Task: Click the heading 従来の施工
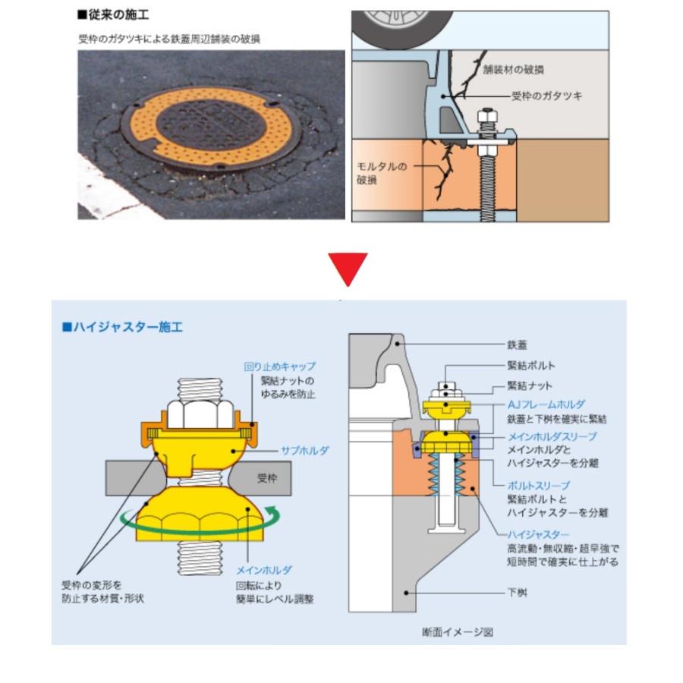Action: pyautogui.click(x=114, y=14)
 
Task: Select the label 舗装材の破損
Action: pyautogui.click(x=513, y=70)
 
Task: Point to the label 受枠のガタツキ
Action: pyautogui.click(x=547, y=97)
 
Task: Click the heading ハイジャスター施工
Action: pyautogui.click(x=126, y=328)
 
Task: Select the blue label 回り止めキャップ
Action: pyautogui.click(x=279, y=366)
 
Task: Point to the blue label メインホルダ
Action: pyautogui.click(x=264, y=569)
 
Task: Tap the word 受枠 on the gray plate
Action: pyautogui.click(x=267, y=479)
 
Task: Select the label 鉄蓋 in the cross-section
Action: pyautogui.click(x=517, y=344)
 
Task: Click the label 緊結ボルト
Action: pyautogui.click(x=530, y=366)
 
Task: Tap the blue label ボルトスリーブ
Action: pyautogui.click(x=538, y=485)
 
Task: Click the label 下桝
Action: pyautogui.click(x=517, y=591)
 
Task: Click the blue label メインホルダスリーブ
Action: pyautogui.click(x=552, y=436)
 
